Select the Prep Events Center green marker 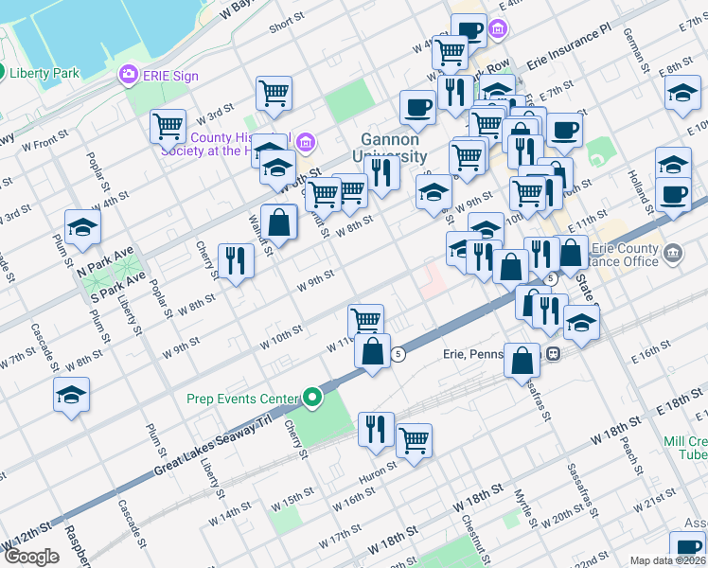[312, 399]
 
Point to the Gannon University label [394, 147]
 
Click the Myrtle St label [520, 497]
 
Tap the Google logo [31, 557]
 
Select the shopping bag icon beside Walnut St [279, 222]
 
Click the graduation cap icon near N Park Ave [82, 227]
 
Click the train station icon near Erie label [552, 354]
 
